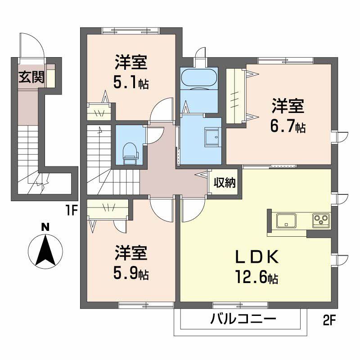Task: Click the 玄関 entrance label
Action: click(x=31, y=77)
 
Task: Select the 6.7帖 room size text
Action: click(x=288, y=127)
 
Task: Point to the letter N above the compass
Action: click(x=45, y=227)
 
